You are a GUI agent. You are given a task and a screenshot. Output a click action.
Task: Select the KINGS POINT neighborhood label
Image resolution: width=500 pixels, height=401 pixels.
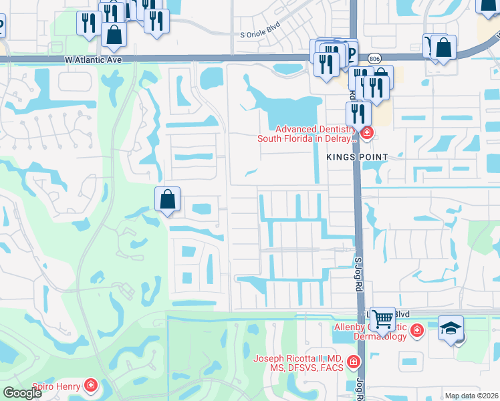pyautogui.click(x=357, y=156)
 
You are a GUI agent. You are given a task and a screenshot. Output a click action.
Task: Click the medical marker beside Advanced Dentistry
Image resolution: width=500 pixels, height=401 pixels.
pyautogui.click(x=366, y=134)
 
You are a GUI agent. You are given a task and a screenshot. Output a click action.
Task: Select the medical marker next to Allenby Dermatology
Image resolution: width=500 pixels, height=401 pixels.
pyautogui.click(x=416, y=330)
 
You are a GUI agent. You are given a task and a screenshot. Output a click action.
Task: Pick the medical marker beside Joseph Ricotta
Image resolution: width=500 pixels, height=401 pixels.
pyautogui.click(x=354, y=362)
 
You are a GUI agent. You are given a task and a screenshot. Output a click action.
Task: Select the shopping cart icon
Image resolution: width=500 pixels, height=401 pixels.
pyautogui.click(x=382, y=319)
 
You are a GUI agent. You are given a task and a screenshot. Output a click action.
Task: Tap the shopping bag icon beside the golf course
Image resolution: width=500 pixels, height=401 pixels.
pyautogui.click(x=167, y=198)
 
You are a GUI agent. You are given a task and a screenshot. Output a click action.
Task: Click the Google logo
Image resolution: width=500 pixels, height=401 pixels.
pyautogui.click(x=22, y=393)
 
